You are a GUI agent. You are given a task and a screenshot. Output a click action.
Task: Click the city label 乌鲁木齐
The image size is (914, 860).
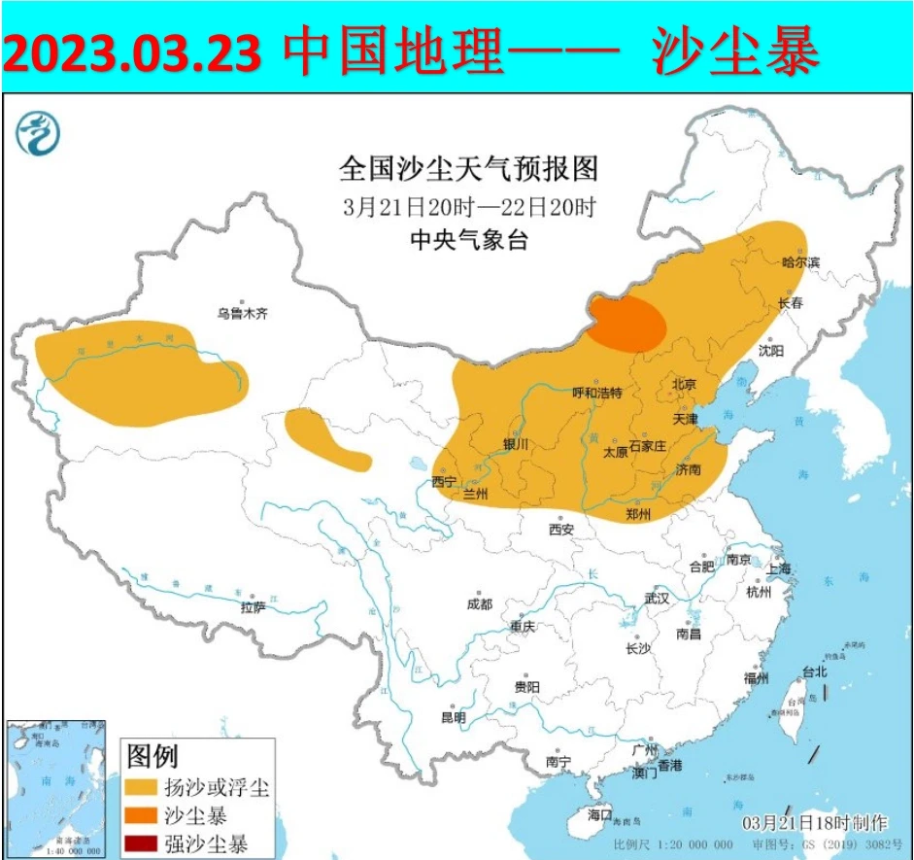(x=241, y=314)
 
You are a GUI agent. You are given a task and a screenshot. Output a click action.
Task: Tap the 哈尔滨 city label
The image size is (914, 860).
(x=800, y=262)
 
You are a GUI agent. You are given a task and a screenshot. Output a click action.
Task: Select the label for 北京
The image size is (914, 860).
(x=684, y=384)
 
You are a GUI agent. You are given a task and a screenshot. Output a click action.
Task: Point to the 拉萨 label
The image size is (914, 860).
(x=253, y=607)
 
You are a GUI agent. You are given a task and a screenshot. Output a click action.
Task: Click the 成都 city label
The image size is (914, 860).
(x=479, y=603)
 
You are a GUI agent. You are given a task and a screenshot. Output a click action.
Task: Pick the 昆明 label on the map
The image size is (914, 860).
(x=454, y=717)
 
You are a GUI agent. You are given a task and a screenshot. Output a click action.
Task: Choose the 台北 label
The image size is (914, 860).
(x=813, y=671)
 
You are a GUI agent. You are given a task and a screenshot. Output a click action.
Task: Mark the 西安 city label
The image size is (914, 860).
(x=561, y=530)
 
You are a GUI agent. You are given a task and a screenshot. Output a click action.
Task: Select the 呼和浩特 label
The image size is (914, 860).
(x=597, y=394)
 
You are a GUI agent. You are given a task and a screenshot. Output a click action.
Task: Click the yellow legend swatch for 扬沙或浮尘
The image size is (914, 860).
(x=141, y=786)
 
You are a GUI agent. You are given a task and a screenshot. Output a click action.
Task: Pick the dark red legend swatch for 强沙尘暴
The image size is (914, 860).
(x=141, y=843)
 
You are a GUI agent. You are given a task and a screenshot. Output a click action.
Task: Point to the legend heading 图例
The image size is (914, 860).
(x=152, y=755)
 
